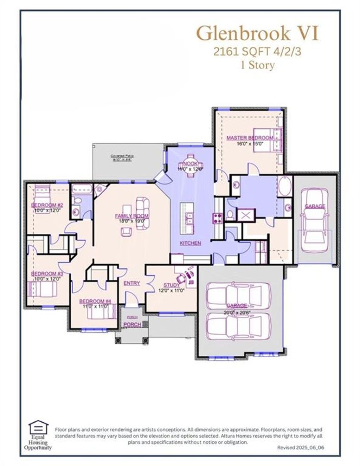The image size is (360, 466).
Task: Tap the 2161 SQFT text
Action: click(x=242, y=52)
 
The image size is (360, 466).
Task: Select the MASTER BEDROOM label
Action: click(x=249, y=138)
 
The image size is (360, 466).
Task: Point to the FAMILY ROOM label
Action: click(x=131, y=216)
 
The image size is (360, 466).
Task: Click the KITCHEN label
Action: click(x=190, y=243)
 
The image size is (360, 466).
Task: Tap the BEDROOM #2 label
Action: click(x=47, y=205)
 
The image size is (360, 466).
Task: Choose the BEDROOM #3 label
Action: click(x=47, y=273)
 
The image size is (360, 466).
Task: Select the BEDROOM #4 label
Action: click(x=95, y=301)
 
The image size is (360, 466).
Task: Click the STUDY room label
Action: click(x=172, y=285)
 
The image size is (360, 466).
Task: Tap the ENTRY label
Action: click(x=132, y=283)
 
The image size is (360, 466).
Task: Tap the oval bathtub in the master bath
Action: click(x=285, y=187)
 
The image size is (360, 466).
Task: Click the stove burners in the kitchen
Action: click(x=217, y=218)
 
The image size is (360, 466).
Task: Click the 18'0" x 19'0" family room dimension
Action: click(x=131, y=221)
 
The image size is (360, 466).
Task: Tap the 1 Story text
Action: click(x=257, y=65)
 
